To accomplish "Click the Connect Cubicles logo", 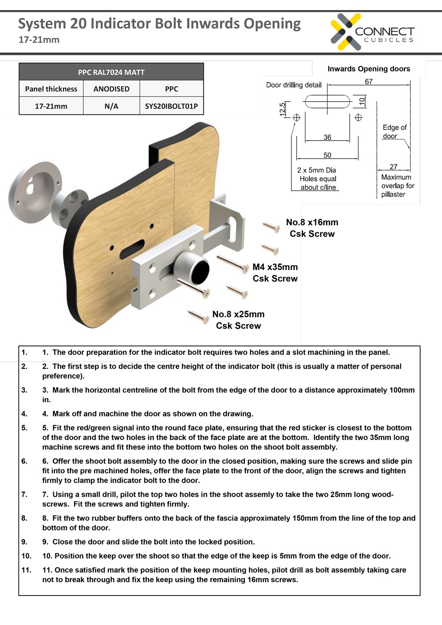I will point(372,32).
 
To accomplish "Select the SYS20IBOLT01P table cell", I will point(171,106).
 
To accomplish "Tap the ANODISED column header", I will point(111,89).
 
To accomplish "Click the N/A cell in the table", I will point(111,106).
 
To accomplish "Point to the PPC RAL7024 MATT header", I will point(111,72).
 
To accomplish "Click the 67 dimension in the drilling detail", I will point(369,82).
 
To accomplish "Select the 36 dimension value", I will point(327,137).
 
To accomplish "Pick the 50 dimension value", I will point(327,155).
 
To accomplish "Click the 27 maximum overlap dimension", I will point(393,167).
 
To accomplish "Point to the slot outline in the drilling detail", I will point(327,102).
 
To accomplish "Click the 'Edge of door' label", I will point(394,132).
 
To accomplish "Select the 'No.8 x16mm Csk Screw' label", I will point(312,228).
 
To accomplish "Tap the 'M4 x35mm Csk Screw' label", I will point(275,273).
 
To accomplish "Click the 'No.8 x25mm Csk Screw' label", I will point(238,320).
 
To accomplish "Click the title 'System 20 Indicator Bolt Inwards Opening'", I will point(159,23).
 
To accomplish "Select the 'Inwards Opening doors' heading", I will point(369,69).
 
